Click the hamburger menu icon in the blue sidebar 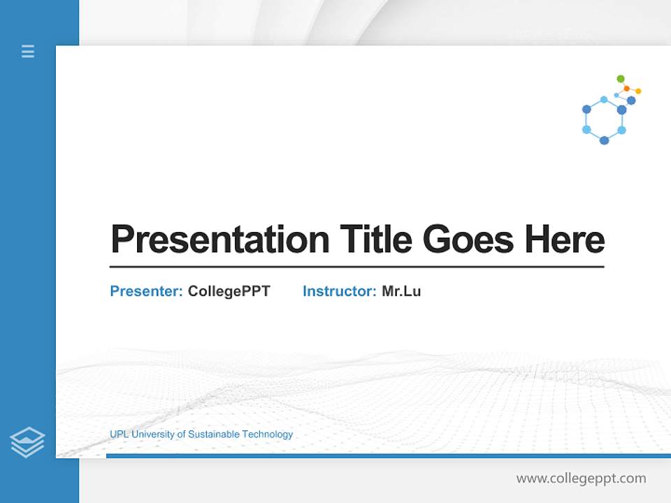pyautogui.click(x=28, y=51)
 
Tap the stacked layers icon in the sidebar pyautogui.click(x=27, y=442)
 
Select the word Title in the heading pyautogui.click(x=375, y=240)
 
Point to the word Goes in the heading pyautogui.click(x=468, y=240)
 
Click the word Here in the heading pyautogui.click(x=564, y=240)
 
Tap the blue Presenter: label pyautogui.click(x=146, y=291)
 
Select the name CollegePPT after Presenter pyautogui.click(x=229, y=291)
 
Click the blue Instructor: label pyautogui.click(x=339, y=291)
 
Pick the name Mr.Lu pyautogui.click(x=401, y=291)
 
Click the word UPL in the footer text pyautogui.click(x=119, y=435)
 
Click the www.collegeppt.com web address pyautogui.click(x=581, y=479)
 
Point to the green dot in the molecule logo pyautogui.click(x=621, y=79)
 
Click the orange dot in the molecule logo pyautogui.click(x=627, y=89)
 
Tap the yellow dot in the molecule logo pyautogui.click(x=638, y=91)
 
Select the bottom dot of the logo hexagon pyautogui.click(x=604, y=140)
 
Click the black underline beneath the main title pyautogui.click(x=356, y=267)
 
